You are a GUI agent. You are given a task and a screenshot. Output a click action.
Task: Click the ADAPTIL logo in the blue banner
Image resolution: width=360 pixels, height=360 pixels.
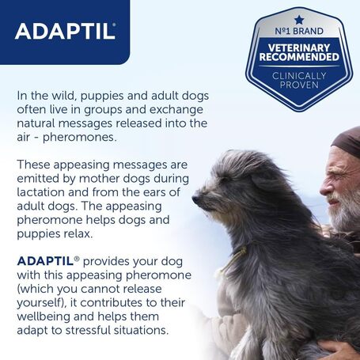[x=65, y=31]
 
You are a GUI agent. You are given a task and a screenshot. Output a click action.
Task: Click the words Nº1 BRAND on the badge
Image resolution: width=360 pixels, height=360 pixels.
[x=299, y=32]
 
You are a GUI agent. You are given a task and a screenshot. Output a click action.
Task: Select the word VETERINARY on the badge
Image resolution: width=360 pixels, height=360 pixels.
[x=299, y=48]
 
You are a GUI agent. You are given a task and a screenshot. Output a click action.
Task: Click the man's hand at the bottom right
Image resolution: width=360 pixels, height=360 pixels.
[x=340, y=349]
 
